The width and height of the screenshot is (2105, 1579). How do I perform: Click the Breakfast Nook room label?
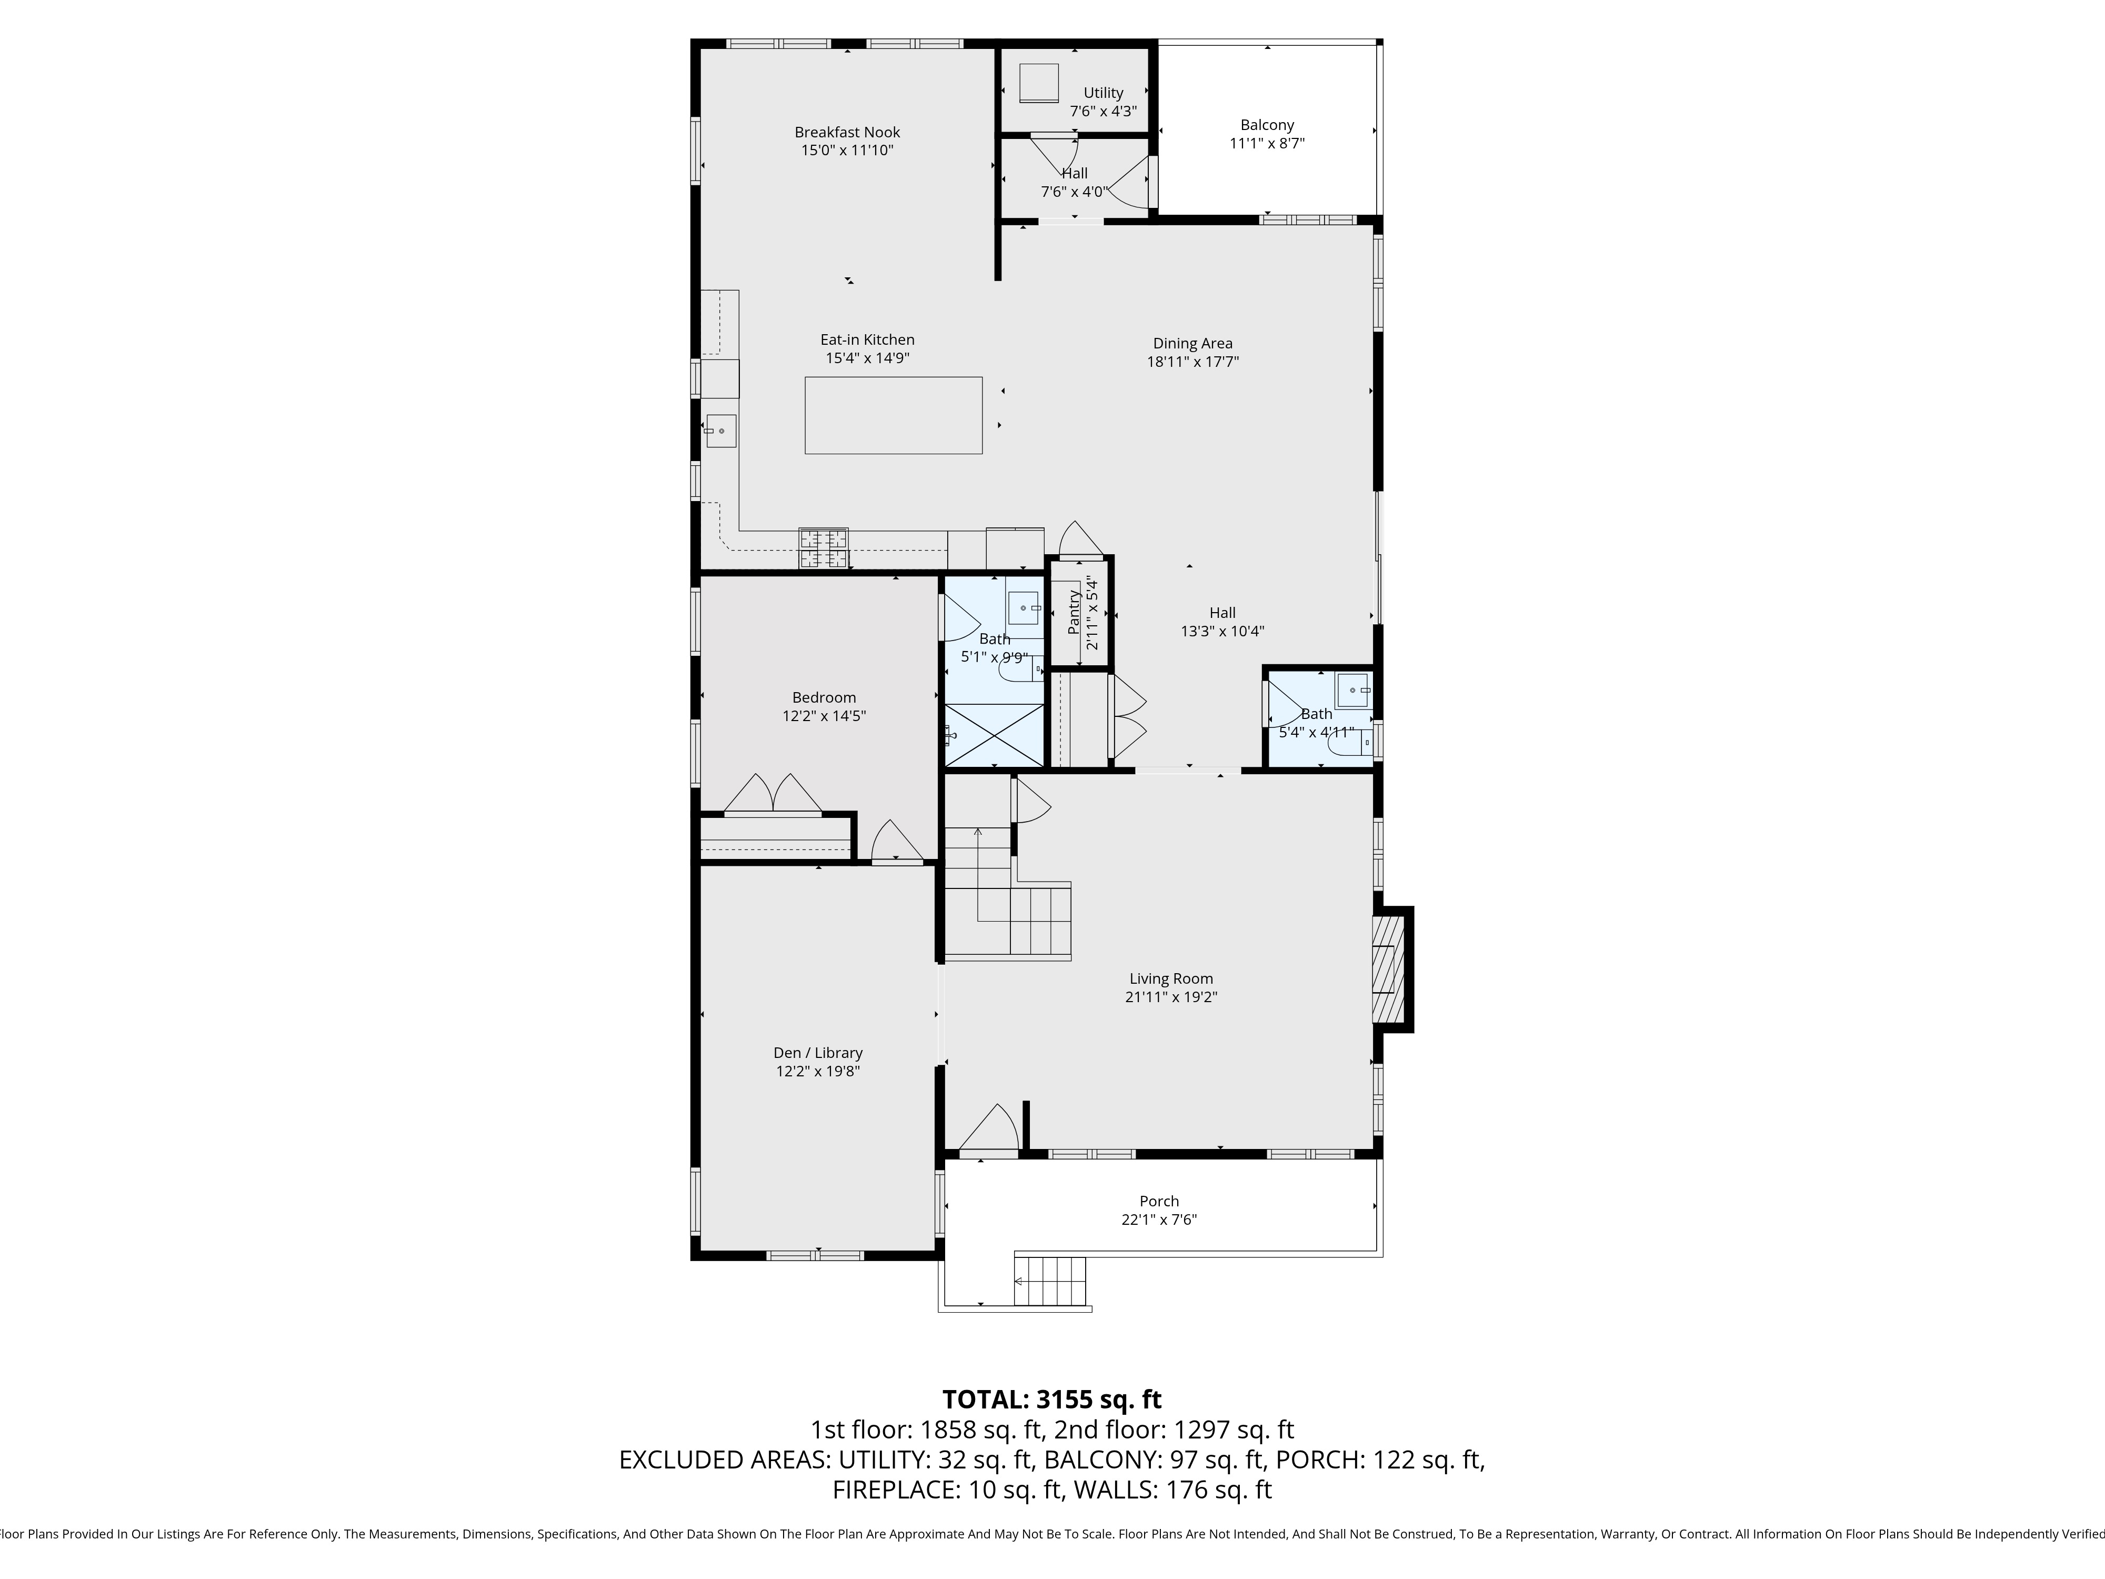pyautogui.click(x=847, y=132)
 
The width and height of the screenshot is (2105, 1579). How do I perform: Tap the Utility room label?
pyautogui.click(x=1103, y=92)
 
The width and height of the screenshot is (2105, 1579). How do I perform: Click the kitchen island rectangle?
pyautogui.click(x=894, y=415)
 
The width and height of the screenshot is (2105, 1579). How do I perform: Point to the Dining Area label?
pyautogui.click(x=1192, y=344)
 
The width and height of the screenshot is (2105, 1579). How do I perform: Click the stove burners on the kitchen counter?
pyautogui.click(x=824, y=548)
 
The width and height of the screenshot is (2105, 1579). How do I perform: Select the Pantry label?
pyautogui.click(x=1074, y=612)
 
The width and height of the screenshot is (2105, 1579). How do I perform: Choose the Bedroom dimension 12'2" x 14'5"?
pyautogui.click(x=824, y=716)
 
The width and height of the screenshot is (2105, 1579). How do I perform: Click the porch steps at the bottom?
pyautogui.click(x=1050, y=1281)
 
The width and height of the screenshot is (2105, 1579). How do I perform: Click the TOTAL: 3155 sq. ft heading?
pyautogui.click(x=1051, y=1399)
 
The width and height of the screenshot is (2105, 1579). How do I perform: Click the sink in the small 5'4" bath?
pyautogui.click(x=1352, y=689)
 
